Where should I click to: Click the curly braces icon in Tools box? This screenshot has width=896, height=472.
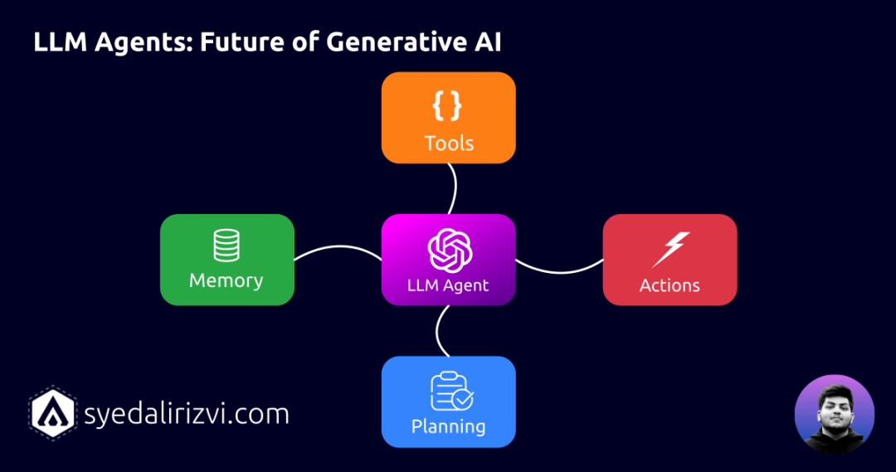(x=448, y=105)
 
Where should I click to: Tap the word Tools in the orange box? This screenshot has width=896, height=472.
(x=449, y=144)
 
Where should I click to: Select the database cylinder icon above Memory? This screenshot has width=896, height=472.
(x=226, y=245)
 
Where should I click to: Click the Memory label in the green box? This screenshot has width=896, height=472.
(x=226, y=280)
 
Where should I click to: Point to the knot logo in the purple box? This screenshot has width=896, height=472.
(x=449, y=249)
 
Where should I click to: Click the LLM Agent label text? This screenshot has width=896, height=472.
(x=448, y=285)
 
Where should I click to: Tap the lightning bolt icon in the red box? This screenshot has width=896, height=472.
(x=670, y=248)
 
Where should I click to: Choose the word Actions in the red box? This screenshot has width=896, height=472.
(x=670, y=285)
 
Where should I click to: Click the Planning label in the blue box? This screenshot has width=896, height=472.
(x=448, y=427)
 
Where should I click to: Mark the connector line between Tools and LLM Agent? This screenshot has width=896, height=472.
(x=454, y=188)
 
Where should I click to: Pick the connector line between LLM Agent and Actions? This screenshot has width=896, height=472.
(x=559, y=270)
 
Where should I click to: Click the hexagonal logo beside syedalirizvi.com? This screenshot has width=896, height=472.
(x=54, y=412)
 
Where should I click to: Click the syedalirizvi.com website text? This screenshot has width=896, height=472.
(x=187, y=413)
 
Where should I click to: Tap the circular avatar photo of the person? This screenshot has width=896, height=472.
(x=834, y=415)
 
